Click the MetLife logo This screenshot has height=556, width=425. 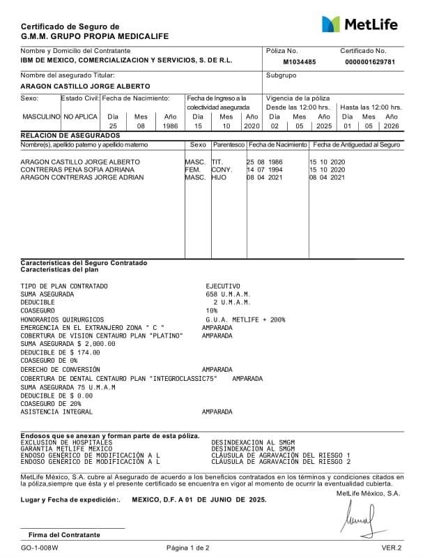[360, 24]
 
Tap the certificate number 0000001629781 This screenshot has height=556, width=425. [369, 62]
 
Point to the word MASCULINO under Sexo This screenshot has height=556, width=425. [41, 117]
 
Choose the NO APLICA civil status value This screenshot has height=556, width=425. [81, 117]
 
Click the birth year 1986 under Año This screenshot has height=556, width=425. [170, 126]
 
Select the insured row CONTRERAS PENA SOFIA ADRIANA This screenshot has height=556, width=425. [77, 170]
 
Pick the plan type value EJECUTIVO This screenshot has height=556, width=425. [222, 286]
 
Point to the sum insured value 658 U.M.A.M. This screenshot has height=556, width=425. [223, 294]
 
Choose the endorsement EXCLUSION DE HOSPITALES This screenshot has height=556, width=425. [66, 442]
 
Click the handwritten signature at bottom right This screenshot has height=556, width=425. [363, 517]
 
